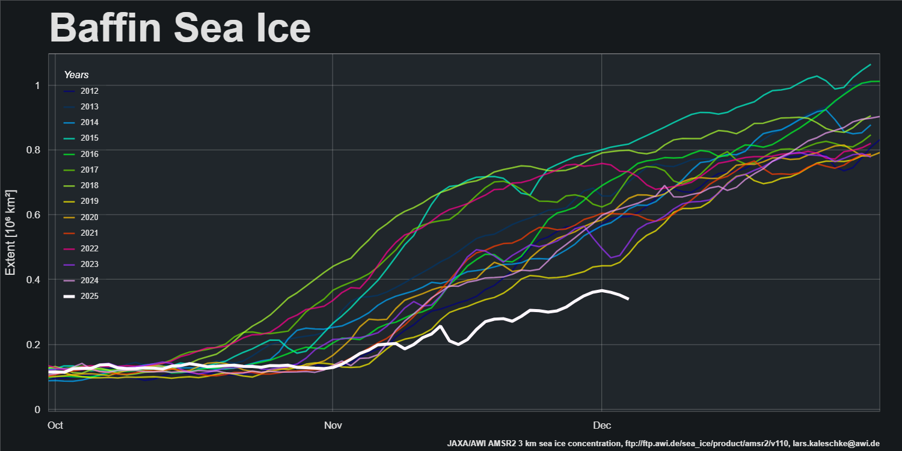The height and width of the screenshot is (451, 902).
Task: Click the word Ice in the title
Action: pyautogui.click(x=279, y=27)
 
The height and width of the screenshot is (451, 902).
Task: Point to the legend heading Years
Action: pyautogui.click(x=76, y=75)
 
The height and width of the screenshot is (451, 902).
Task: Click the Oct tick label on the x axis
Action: pyautogui.click(x=55, y=425)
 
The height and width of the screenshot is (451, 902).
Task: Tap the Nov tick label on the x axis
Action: pyautogui.click(x=333, y=425)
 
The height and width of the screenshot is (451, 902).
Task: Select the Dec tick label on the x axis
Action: pyautogui.click(x=601, y=425)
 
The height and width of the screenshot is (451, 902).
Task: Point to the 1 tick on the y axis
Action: pyautogui.click(x=37, y=85)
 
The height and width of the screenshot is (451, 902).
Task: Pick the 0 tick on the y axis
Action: pyautogui.click(x=37, y=410)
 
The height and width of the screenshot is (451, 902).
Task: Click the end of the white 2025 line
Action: pyautogui.click(x=628, y=298)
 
